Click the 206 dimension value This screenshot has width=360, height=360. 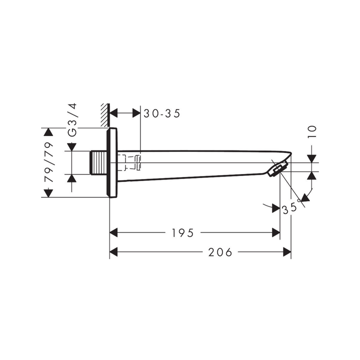click(220, 252)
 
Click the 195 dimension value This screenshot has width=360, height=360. click(183, 233)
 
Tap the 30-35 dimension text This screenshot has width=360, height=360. click(162, 113)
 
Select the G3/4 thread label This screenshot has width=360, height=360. click(72, 120)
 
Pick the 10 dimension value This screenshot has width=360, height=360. click(312, 131)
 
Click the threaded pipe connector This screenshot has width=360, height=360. click(98, 162)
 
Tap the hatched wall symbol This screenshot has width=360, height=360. click(104, 115)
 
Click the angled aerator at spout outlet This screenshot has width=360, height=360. click(278, 169)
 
